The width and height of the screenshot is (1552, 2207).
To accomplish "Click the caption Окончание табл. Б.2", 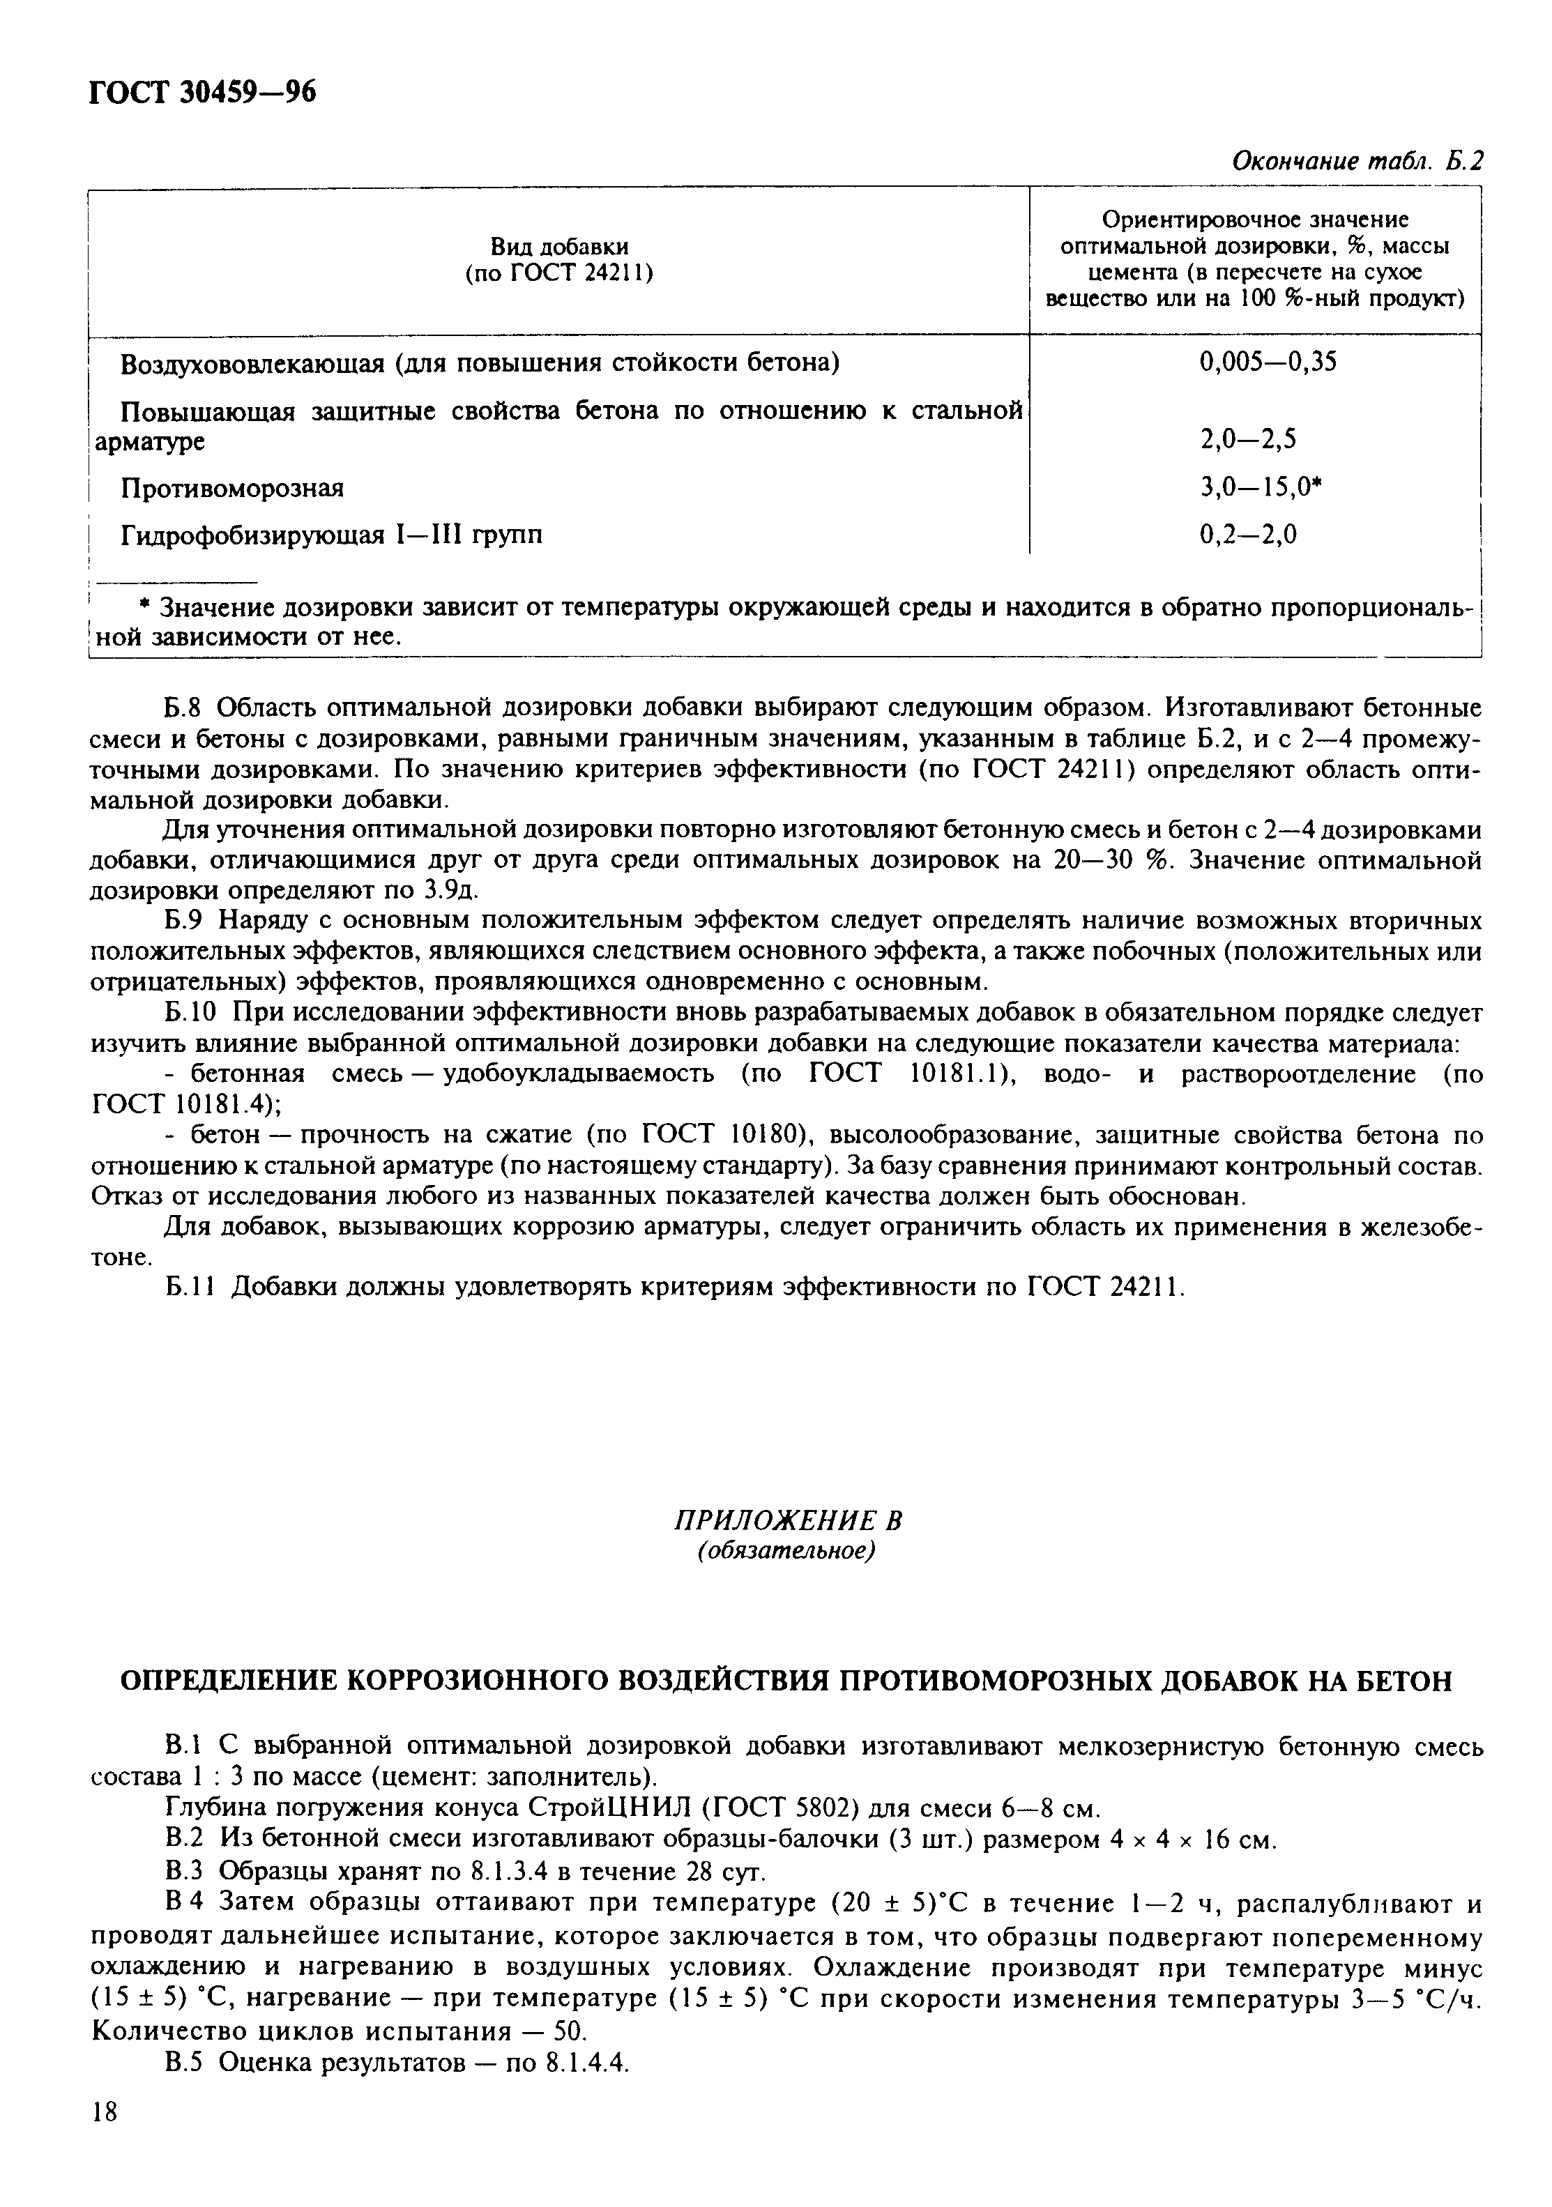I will (1357, 162).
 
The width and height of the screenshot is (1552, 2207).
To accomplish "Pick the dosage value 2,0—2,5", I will (1248, 439).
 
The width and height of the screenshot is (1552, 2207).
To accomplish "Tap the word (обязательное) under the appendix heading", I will (786, 1552).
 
